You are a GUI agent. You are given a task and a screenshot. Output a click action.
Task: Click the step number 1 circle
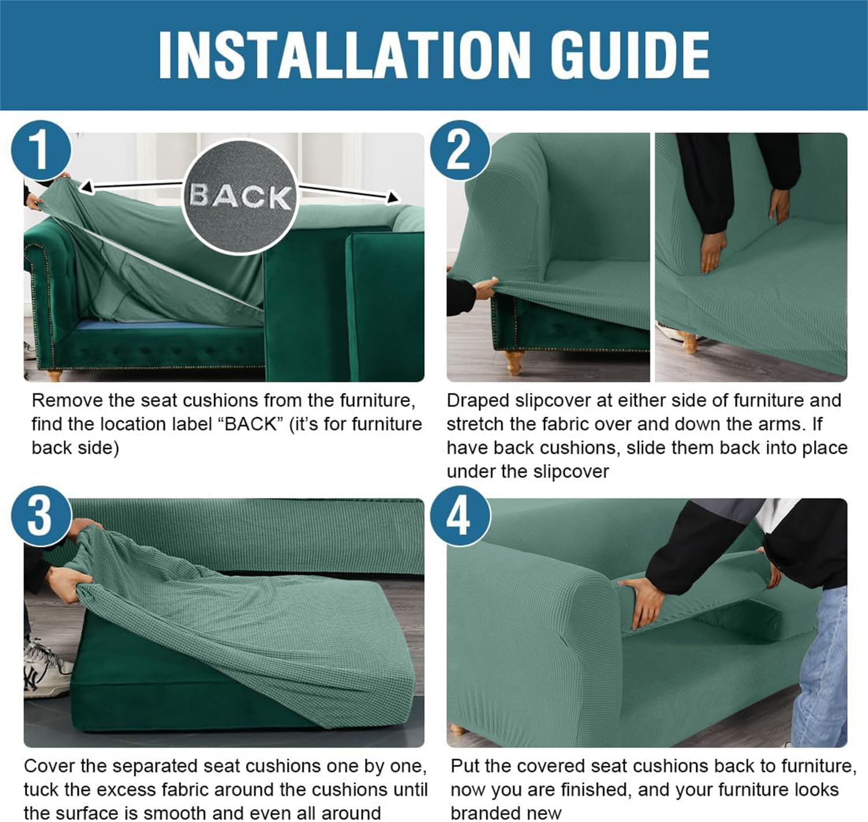tap(41, 150)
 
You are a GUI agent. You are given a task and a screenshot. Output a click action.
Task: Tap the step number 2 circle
tap(459, 150)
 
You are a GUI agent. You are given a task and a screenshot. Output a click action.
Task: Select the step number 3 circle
tap(41, 516)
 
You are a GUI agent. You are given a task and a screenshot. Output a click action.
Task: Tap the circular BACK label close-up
tap(241, 196)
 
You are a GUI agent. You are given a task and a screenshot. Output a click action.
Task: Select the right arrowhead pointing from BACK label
tap(392, 198)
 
